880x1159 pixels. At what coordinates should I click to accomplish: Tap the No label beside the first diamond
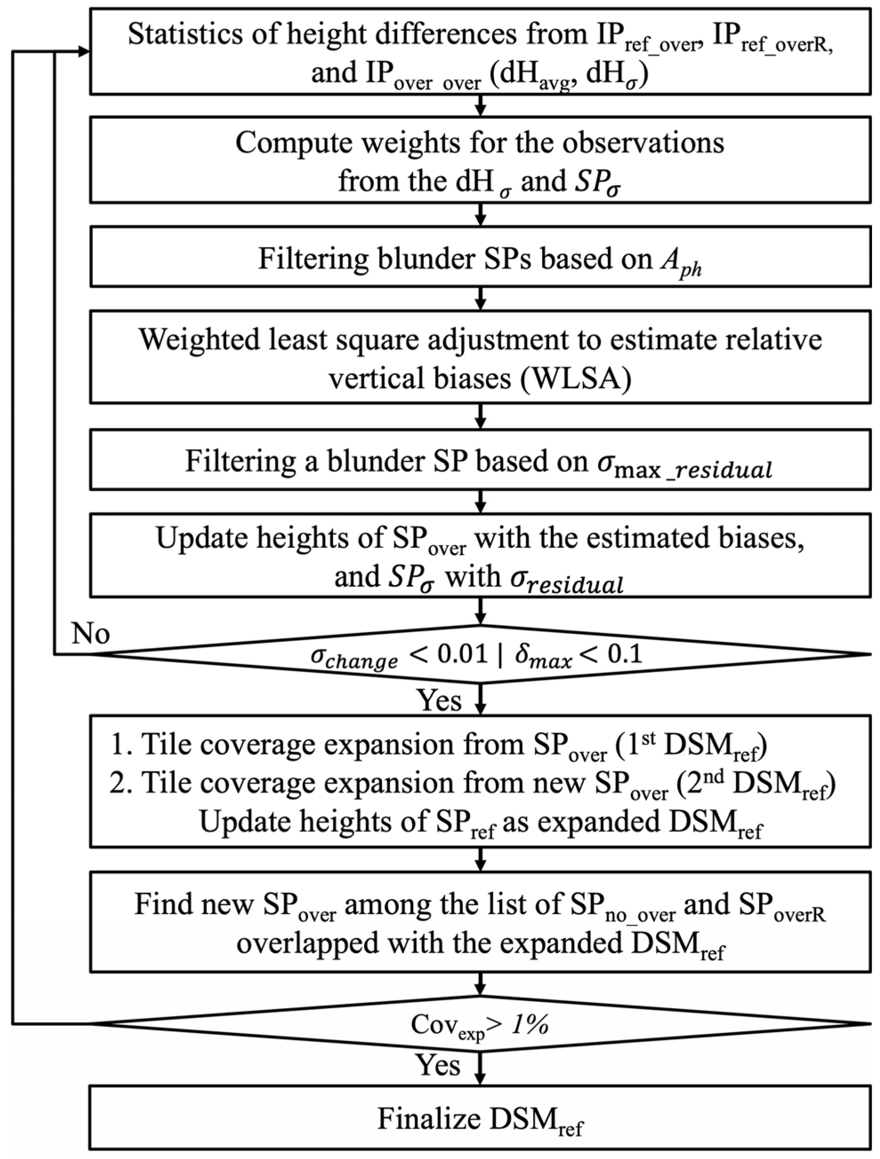coord(91,634)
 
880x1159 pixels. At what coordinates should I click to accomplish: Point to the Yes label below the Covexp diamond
coord(439,1065)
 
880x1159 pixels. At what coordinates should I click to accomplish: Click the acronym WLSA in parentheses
coord(577,378)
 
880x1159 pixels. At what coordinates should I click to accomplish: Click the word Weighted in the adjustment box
coord(199,341)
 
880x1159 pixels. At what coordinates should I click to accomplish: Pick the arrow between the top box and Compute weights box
coord(480,105)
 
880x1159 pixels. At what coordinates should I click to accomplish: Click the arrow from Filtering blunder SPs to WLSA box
coord(480,299)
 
